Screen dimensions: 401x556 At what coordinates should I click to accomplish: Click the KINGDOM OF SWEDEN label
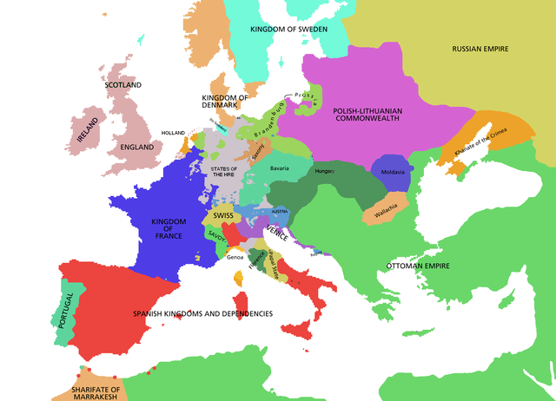point(288,29)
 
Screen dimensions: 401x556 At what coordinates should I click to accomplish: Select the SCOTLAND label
point(122,85)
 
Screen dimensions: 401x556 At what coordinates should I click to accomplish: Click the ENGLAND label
point(137,148)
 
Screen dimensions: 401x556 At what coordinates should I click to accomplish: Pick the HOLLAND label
point(174,133)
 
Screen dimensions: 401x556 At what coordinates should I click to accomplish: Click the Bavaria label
point(280,168)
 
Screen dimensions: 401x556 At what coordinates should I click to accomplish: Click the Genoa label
point(235,257)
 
